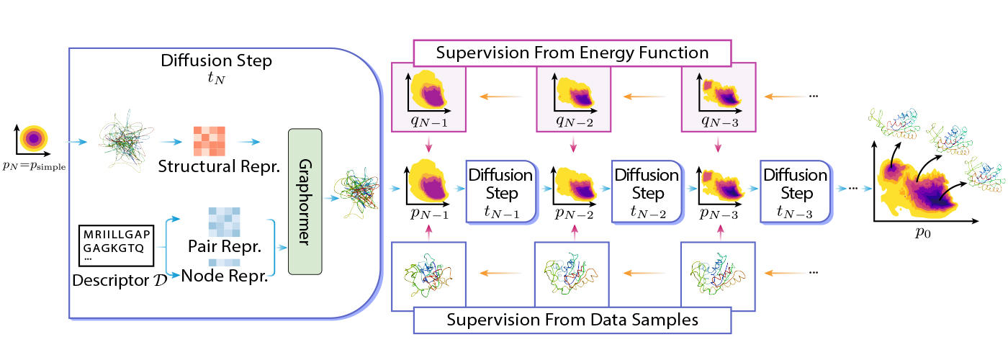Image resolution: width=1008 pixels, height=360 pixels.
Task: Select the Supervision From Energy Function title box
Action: click(x=572, y=53)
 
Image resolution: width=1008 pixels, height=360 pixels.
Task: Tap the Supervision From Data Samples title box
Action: click(x=572, y=320)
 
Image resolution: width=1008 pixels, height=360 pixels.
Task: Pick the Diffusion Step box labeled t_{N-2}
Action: click(x=645, y=193)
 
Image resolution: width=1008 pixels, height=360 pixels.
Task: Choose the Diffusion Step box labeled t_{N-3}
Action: click(x=795, y=193)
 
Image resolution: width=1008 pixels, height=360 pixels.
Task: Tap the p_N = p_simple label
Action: click(x=34, y=168)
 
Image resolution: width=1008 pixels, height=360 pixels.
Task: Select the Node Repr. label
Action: click(x=225, y=275)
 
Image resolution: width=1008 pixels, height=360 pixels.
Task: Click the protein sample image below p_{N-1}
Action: click(x=428, y=275)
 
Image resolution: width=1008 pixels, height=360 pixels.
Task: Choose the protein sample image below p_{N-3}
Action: click(x=717, y=275)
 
